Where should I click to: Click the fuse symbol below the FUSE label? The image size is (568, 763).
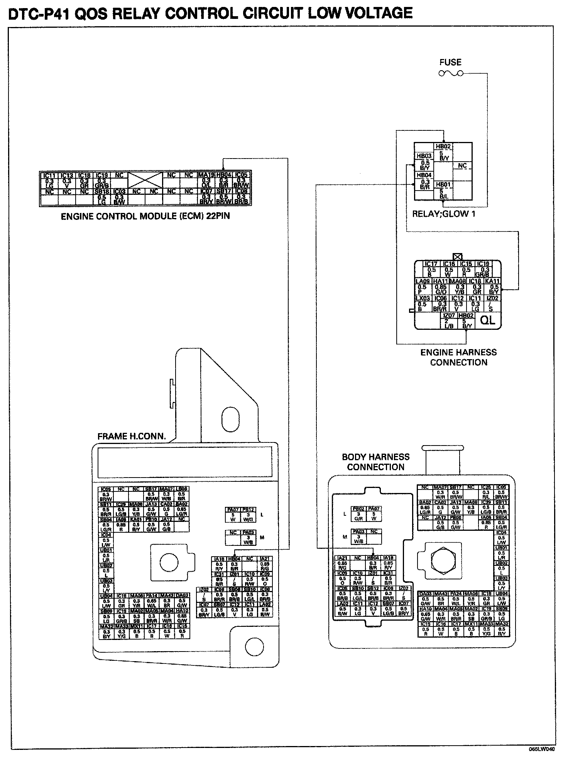point(451,73)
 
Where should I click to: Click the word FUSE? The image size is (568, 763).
point(450,62)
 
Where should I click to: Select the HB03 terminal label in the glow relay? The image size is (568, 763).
point(424,156)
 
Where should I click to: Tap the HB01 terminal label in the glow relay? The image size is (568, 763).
point(443,185)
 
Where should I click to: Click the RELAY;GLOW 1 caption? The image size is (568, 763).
point(444,214)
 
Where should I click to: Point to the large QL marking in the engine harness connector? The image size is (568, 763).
point(488,320)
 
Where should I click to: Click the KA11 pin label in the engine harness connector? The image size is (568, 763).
point(492,281)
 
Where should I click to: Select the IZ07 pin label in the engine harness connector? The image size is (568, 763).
point(449,316)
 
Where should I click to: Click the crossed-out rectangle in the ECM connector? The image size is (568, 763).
point(145,180)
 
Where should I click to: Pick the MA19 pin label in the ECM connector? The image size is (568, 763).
point(206,175)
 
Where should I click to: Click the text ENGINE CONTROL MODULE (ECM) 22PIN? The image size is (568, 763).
point(145,216)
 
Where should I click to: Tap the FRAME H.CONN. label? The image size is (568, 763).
point(132,437)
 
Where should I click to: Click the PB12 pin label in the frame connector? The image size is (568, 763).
point(248,510)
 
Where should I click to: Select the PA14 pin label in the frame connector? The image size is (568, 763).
point(152,596)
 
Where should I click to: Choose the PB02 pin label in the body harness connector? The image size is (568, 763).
point(358,509)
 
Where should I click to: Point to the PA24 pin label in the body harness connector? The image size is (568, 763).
point(456,594)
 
